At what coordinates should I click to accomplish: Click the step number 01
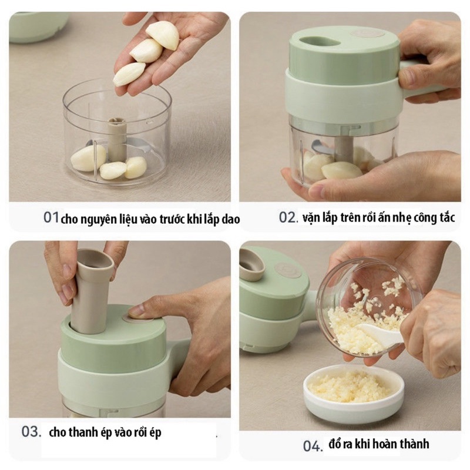pos(51,217)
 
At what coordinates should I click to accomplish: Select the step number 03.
pos(31,432)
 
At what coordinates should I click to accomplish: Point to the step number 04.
pos(313,446)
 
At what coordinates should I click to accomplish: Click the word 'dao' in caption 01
pos(230,219)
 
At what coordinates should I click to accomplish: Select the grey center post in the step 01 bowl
pos(116,136)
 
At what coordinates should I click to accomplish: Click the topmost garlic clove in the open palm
pos(163,35)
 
